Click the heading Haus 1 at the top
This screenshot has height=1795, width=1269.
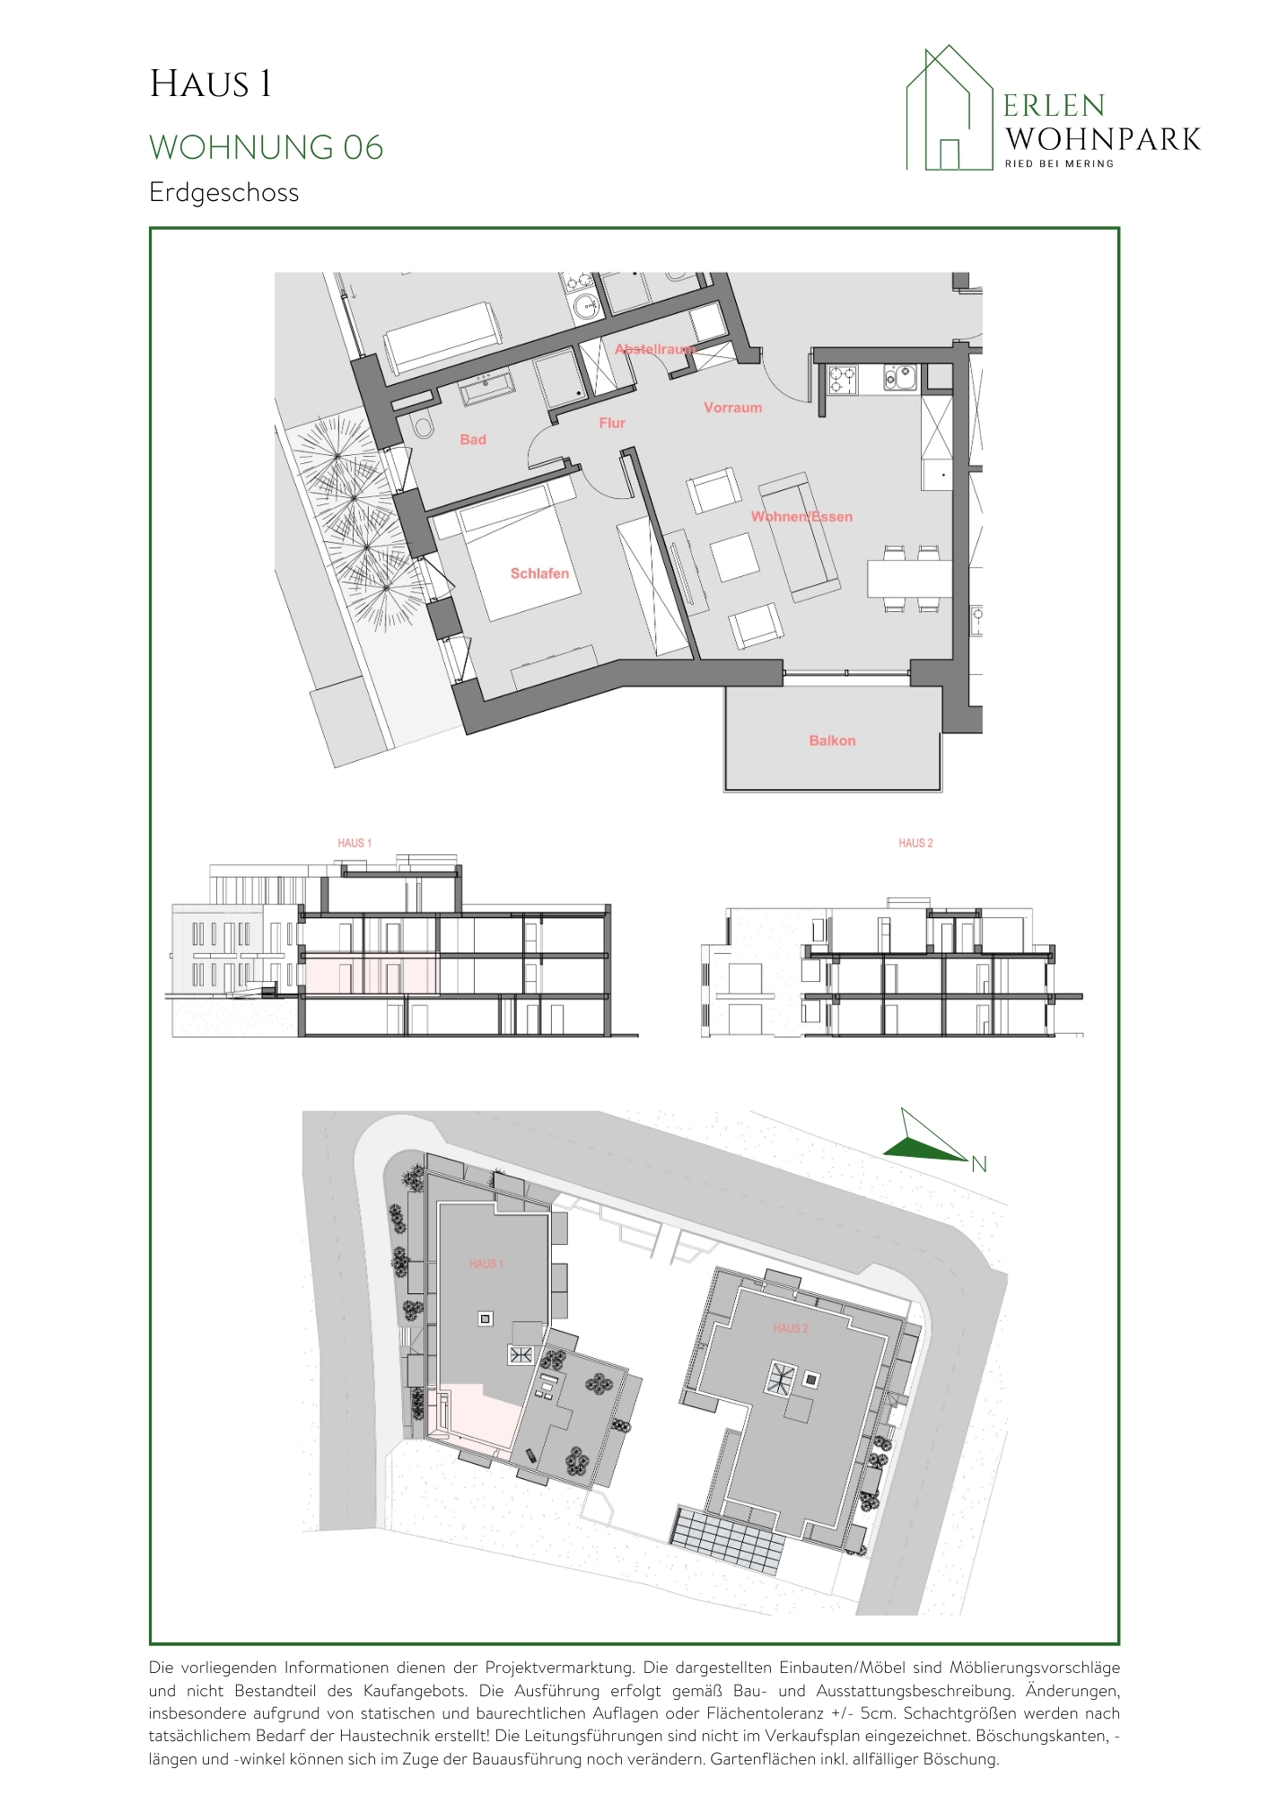[x=210, y=84]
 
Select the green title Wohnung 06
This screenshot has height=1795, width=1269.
[x=267, y=147]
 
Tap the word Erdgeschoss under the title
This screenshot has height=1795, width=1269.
[x=224, y=193]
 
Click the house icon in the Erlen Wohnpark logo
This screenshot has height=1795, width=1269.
[x=950, y=108]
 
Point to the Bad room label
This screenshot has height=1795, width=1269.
[x=473, y=440]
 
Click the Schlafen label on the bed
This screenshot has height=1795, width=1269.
[x=539, y=574]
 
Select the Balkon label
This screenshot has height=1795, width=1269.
[x=832, y=740]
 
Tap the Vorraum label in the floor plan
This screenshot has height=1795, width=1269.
[x=732, y=407]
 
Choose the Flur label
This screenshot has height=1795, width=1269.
[x=612, y=423]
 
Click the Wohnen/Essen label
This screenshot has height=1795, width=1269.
[x=801, y=516]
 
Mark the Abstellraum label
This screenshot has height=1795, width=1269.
[x=655, y=349]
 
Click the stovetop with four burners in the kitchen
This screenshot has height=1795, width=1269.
[x=843, y=379]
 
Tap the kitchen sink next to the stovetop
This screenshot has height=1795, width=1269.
[x=900, y=377]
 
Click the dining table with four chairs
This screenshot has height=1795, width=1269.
[x=909, y=578]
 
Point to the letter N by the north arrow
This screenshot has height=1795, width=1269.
[x=979, y=1165]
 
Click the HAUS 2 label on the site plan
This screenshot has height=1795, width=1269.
[x=791, y=1328]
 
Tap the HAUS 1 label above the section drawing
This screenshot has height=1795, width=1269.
[x=354, y=843]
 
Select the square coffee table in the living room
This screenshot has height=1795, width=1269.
[x=735, y=556]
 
